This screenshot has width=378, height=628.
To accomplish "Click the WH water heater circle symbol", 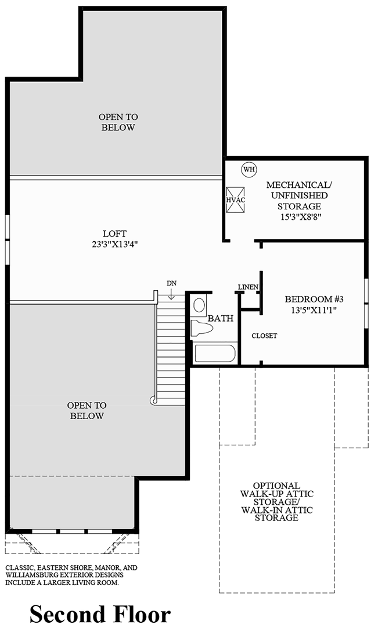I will [x=249, y=169].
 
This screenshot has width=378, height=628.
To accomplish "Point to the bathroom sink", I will [x=199, y=305].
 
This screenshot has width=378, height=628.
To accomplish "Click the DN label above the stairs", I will [x=171, y=283].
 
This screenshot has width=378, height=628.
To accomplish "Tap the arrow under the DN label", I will [x=171, y=294].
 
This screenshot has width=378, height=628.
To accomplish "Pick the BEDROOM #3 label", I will [x=315, y=299].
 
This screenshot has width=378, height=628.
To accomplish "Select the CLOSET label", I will [x=264, y=336].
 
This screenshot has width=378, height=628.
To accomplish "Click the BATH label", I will [x=221, y=319].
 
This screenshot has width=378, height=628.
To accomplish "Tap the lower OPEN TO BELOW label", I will [x=87, y=411].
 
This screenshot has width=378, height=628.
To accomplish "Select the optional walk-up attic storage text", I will [x=276, y=501].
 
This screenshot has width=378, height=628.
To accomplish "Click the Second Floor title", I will [x=100, y=614].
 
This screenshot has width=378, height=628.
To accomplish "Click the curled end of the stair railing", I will [x=154, y=400].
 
